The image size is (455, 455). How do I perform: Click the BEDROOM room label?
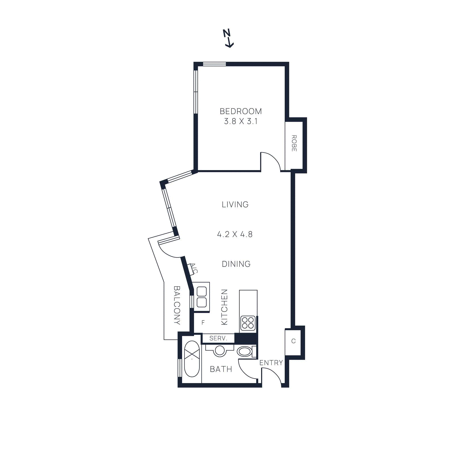241,111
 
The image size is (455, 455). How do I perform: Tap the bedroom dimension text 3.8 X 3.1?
241,121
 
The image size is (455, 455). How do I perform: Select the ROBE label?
294,143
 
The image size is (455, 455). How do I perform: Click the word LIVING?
235,204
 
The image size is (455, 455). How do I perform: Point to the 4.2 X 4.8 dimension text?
235,234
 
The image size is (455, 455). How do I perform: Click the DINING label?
236,264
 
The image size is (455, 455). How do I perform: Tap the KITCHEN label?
224,307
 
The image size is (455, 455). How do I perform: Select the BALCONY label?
177,305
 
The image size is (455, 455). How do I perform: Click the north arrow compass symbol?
228,38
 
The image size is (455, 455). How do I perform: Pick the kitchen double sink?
202,297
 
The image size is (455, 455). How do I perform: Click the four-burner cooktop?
248,323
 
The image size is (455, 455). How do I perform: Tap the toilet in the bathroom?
245,351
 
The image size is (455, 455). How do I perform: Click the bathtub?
192,359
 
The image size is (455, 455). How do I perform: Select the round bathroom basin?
220,350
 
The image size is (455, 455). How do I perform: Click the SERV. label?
218,338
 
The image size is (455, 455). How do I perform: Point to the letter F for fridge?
203,322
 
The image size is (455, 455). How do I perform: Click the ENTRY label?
271,363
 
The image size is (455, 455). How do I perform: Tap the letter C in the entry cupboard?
293,341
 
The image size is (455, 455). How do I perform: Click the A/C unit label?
193,268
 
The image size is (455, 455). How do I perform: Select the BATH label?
221,369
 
